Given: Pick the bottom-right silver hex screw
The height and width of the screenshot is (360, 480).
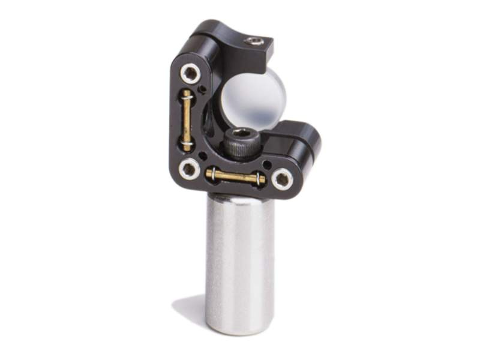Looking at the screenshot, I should (281, 178).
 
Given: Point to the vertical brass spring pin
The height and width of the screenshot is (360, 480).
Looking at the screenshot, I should (187, 120).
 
